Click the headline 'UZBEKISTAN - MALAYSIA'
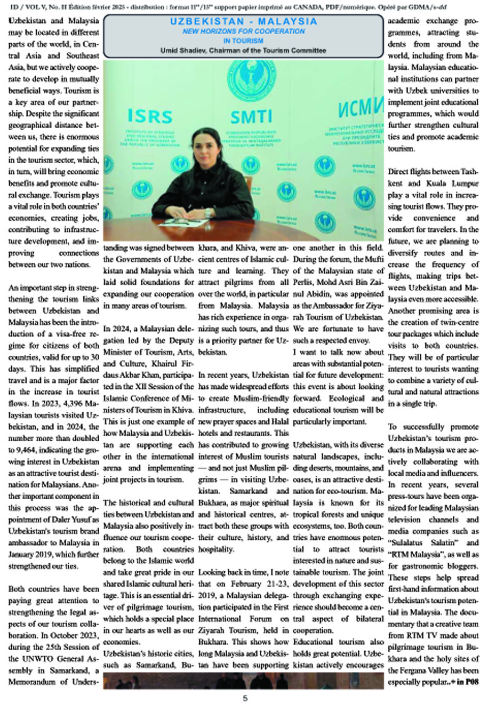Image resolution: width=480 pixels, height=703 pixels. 243,22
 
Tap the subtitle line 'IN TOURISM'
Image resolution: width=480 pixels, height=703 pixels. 243,41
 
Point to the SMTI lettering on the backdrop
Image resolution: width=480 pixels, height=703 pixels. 251,116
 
